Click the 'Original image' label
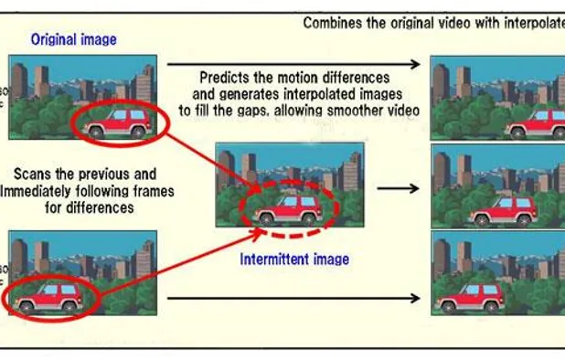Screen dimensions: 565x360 click(73, 39)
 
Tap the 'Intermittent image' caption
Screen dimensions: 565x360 click(294, 259)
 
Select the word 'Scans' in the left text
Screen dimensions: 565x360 click(36, 174)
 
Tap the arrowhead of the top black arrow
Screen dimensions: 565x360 click(416, 64)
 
